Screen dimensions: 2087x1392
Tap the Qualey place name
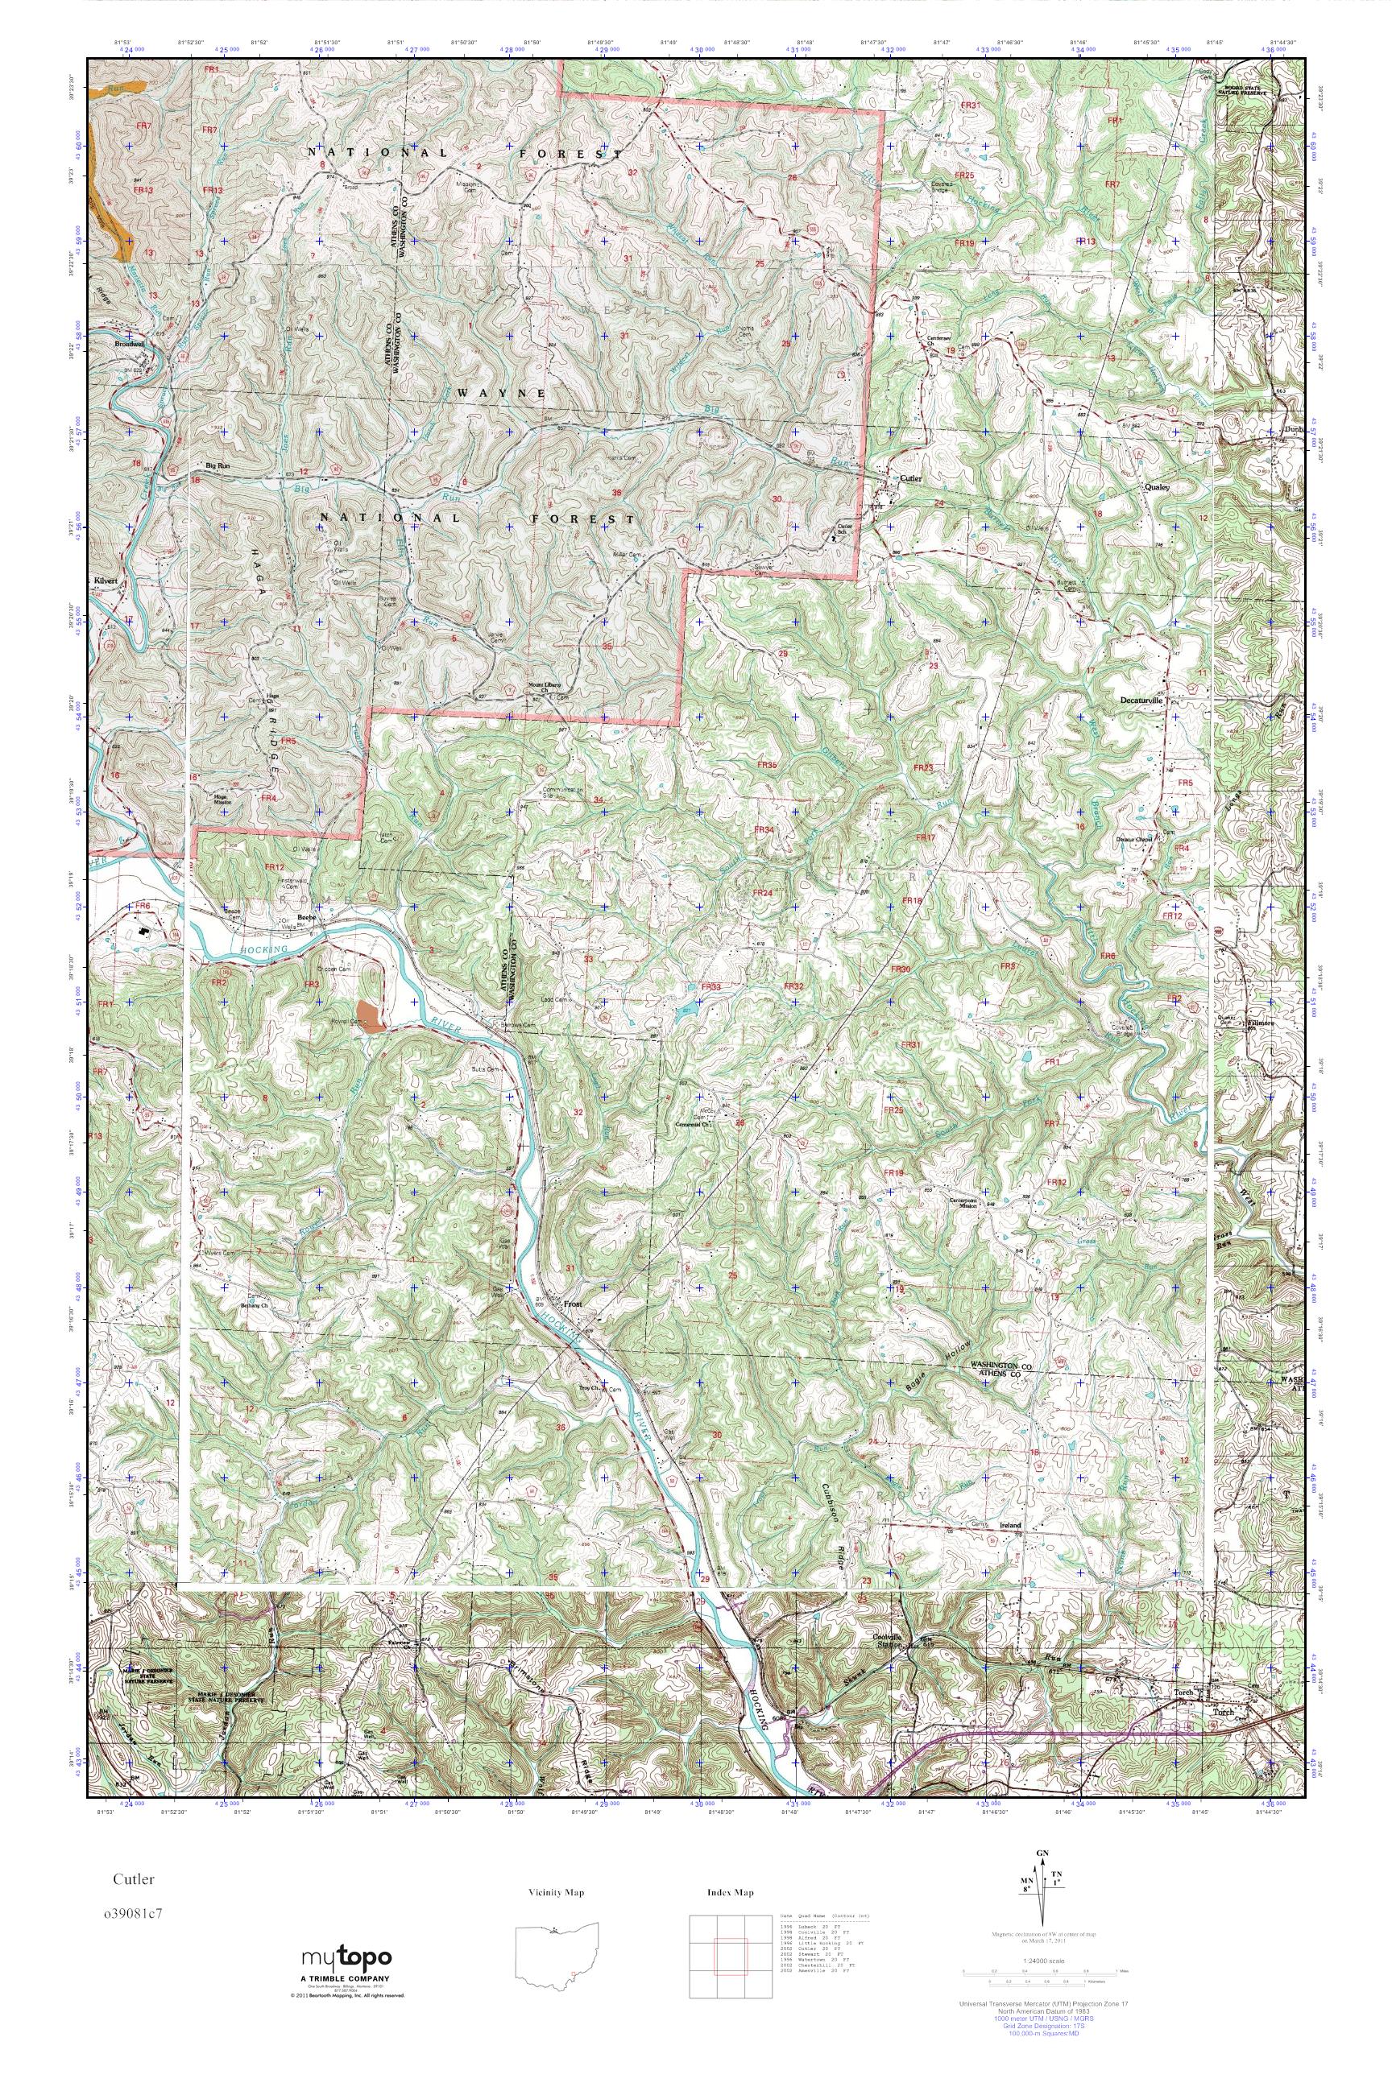point(1158,487)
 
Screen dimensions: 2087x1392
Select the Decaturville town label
point(1139,699)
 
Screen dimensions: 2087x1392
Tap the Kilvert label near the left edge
point(106,581)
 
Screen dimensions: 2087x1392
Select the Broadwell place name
point(128,345)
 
